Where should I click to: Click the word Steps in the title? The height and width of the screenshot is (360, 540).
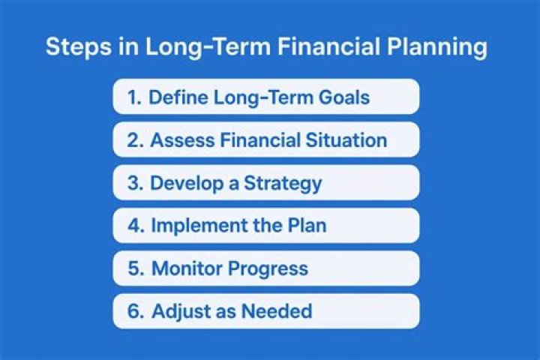79,47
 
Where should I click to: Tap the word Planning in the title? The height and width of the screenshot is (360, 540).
437,47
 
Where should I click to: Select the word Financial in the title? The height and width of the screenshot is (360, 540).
329,46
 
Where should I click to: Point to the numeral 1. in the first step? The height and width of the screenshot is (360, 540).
134,97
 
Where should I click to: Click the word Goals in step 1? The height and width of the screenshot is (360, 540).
344,97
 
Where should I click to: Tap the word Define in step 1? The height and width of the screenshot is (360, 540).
178,97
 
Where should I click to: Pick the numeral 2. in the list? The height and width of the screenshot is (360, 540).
135,140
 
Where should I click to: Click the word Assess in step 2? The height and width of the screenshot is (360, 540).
182,140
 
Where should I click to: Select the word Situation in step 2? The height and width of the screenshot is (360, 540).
346,140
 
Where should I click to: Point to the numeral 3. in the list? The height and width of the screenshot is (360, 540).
135,183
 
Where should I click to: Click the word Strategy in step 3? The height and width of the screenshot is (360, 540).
283,184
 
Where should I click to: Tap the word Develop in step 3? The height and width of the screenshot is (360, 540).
187,184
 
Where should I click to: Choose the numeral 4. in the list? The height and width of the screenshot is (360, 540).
136,226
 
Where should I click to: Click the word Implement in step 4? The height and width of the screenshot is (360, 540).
199,226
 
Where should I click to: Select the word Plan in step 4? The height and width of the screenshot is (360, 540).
307,225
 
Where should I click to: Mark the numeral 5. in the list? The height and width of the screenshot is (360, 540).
136,268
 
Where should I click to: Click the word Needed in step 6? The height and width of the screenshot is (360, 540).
277,311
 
